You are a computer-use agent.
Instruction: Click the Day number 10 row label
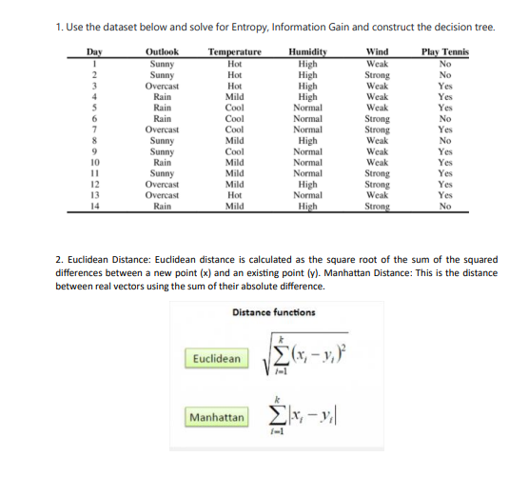(x=94, y=161)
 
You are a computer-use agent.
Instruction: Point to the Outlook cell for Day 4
(x=163, y=95)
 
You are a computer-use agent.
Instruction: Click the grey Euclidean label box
(x=215, y=358)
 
